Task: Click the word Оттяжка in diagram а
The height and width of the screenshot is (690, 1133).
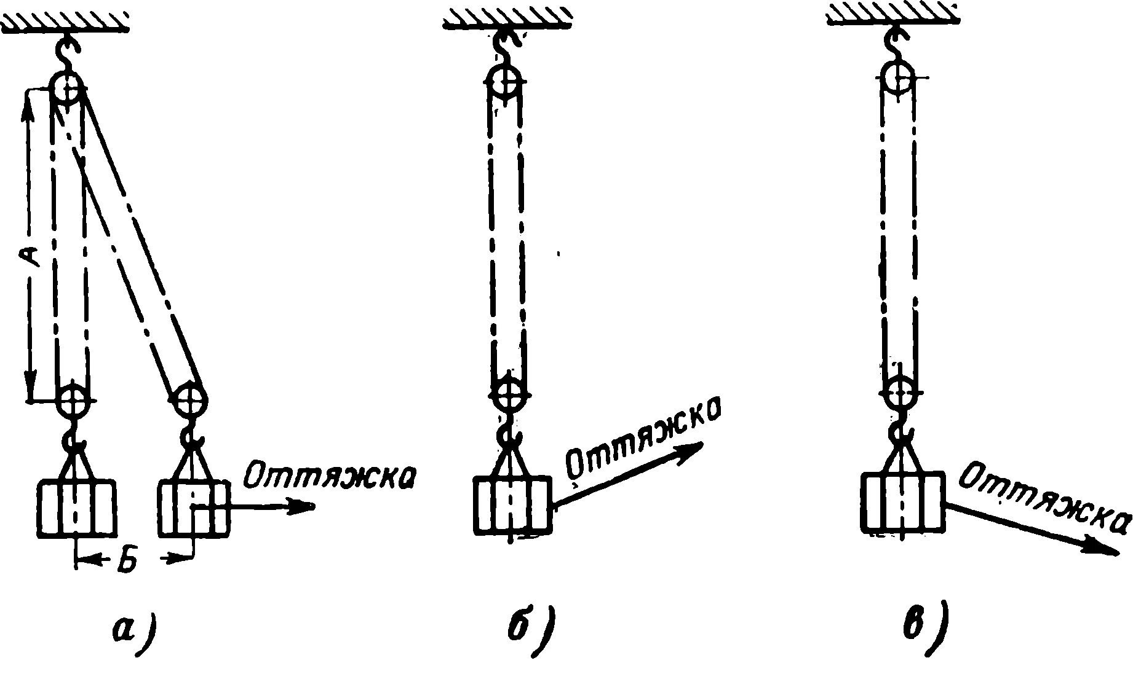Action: click(x=328, y=477)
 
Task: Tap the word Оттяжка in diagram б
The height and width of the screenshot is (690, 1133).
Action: click(x=643, y=442)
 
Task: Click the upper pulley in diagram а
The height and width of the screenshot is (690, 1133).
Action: click(x=66, y=89)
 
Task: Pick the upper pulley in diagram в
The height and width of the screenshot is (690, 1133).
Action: click(x=899, y=78)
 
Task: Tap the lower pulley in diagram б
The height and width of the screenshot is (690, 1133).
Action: click(x=508, y=393)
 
